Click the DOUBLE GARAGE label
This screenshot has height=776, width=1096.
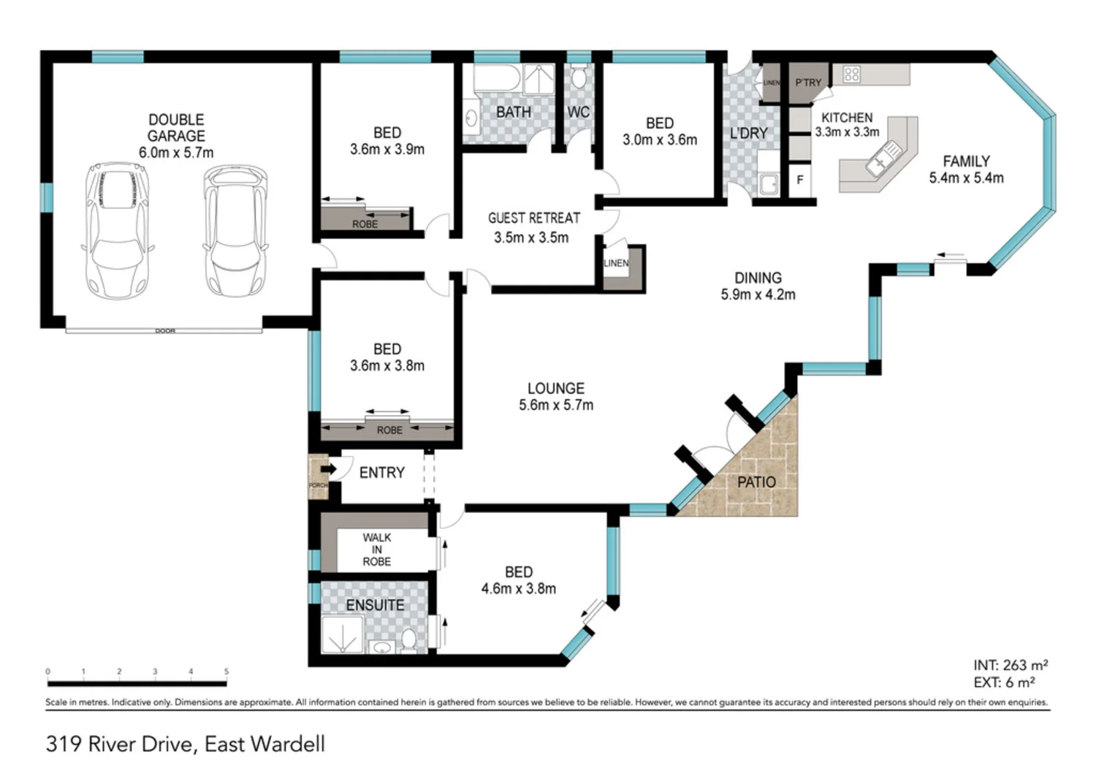(x=176, y=128)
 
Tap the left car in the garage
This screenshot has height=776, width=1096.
(x=117, y=230)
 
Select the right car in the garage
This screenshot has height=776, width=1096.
(x=235, y=230)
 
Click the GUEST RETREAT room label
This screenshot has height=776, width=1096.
(x=534, y=218)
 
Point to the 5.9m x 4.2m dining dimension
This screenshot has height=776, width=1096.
(x=758, y=294)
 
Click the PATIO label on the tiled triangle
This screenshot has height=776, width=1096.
(x=756, y=482)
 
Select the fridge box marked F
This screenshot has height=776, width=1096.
(x=800, y=180)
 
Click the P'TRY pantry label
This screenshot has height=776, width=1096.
(x=808, y=83)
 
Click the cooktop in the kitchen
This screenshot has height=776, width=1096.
(x=851, y=74)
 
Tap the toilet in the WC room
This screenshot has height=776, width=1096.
(x=579, y=77)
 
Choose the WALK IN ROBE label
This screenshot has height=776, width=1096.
(x=376, y=549)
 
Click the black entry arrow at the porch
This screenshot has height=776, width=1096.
(x=328, y=468)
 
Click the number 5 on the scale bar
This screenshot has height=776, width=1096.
(x=227, y=671)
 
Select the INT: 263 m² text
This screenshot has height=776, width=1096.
(x=1010, y=665)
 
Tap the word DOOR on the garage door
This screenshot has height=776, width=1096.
(x=165, y=331)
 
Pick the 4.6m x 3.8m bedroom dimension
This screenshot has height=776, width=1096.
(x=518, y=589)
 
